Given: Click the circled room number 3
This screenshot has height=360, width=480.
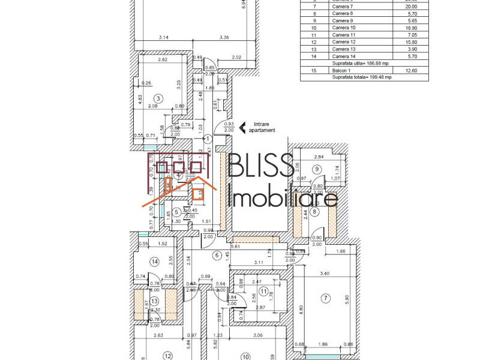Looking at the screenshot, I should (158, 98).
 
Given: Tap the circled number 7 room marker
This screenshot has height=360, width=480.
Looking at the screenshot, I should (326, 298).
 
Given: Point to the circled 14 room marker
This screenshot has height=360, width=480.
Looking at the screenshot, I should (155, 262).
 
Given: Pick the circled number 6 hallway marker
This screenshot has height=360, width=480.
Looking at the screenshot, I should (217, 255).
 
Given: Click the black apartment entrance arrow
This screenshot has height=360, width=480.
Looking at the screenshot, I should (243, 127).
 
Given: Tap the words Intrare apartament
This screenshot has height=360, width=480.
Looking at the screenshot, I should (264, 127).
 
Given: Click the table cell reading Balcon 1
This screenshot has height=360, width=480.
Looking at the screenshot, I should (342, 70).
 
